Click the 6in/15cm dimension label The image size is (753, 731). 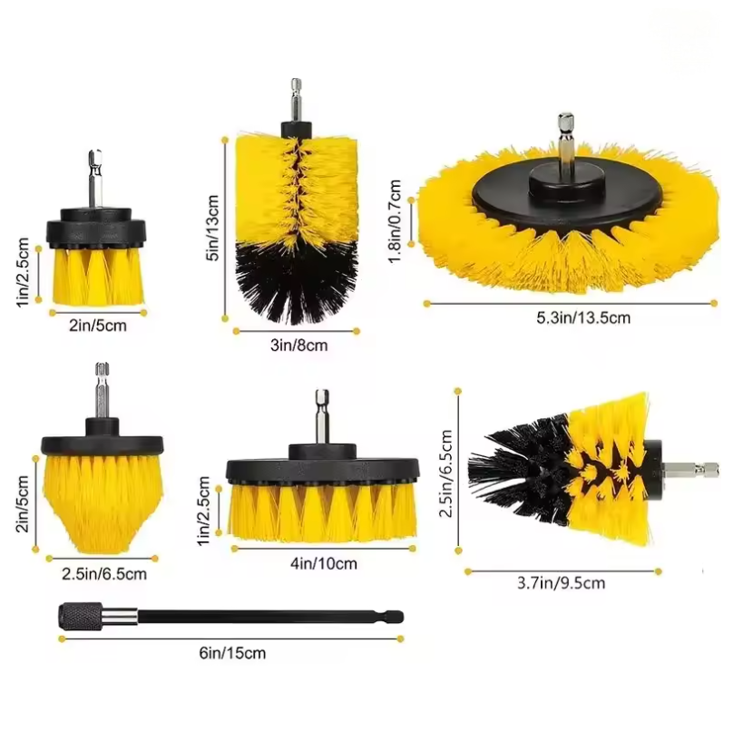pos(232,653)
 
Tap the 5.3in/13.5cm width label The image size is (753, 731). pos(583,317)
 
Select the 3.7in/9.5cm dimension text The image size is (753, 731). pos(561,583)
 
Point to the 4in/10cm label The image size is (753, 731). pos(324,563)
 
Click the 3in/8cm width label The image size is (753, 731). pos(298,346)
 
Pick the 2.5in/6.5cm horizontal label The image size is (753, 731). pos(104,573)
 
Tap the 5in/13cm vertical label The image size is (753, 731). pos(211,228)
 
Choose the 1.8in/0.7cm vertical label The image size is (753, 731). pos(395,221)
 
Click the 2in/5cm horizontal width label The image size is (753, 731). pos(98,326)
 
